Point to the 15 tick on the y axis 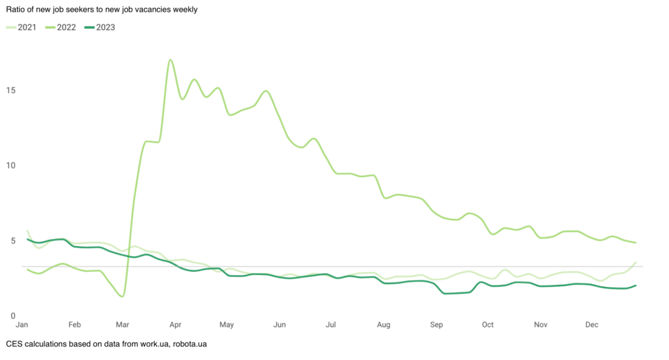point(11,90)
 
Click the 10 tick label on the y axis point(11,165)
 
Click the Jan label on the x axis point(22,325)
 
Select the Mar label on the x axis point(122,325)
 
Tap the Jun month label point(279,325)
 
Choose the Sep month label point(436,325)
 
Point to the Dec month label point(592,325)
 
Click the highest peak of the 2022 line point(171,60)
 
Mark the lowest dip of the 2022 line point(122,296)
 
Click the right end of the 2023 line point(636,286)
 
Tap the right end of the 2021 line point(636,263)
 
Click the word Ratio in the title point(16,10)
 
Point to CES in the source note point(14,344)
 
